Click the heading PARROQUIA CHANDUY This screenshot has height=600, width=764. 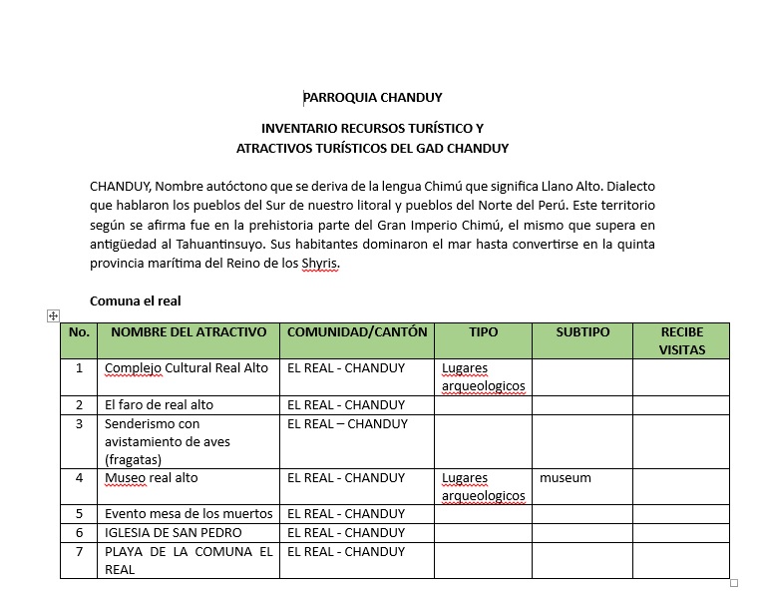coord(372,98)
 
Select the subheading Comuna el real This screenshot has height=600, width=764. coord(135,300)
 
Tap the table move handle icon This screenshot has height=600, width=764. coord(53,315)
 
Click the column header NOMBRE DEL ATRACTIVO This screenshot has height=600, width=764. coord(189,332)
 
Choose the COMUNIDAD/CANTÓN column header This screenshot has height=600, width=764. coord(356,332)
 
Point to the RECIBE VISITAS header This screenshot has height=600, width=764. coord(681,341)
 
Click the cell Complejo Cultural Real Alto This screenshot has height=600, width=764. coord(187,367)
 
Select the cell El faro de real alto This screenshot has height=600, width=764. coord(160,405)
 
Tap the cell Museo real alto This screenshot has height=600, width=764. coord(152,478)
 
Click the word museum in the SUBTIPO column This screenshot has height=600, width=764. coord(566,478)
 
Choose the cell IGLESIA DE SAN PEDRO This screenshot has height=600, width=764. coord(174,533)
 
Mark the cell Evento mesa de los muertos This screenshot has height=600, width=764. coord(188,514)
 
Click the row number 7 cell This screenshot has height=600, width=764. coord(79,552)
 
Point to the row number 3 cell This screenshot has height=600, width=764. coord(79,423)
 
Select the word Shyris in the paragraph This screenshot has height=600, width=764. coord(322,264)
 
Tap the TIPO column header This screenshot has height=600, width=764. coord(483,332)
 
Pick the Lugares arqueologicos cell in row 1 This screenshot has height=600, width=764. coord(483,376)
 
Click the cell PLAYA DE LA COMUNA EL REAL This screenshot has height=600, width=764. coord(188,560)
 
